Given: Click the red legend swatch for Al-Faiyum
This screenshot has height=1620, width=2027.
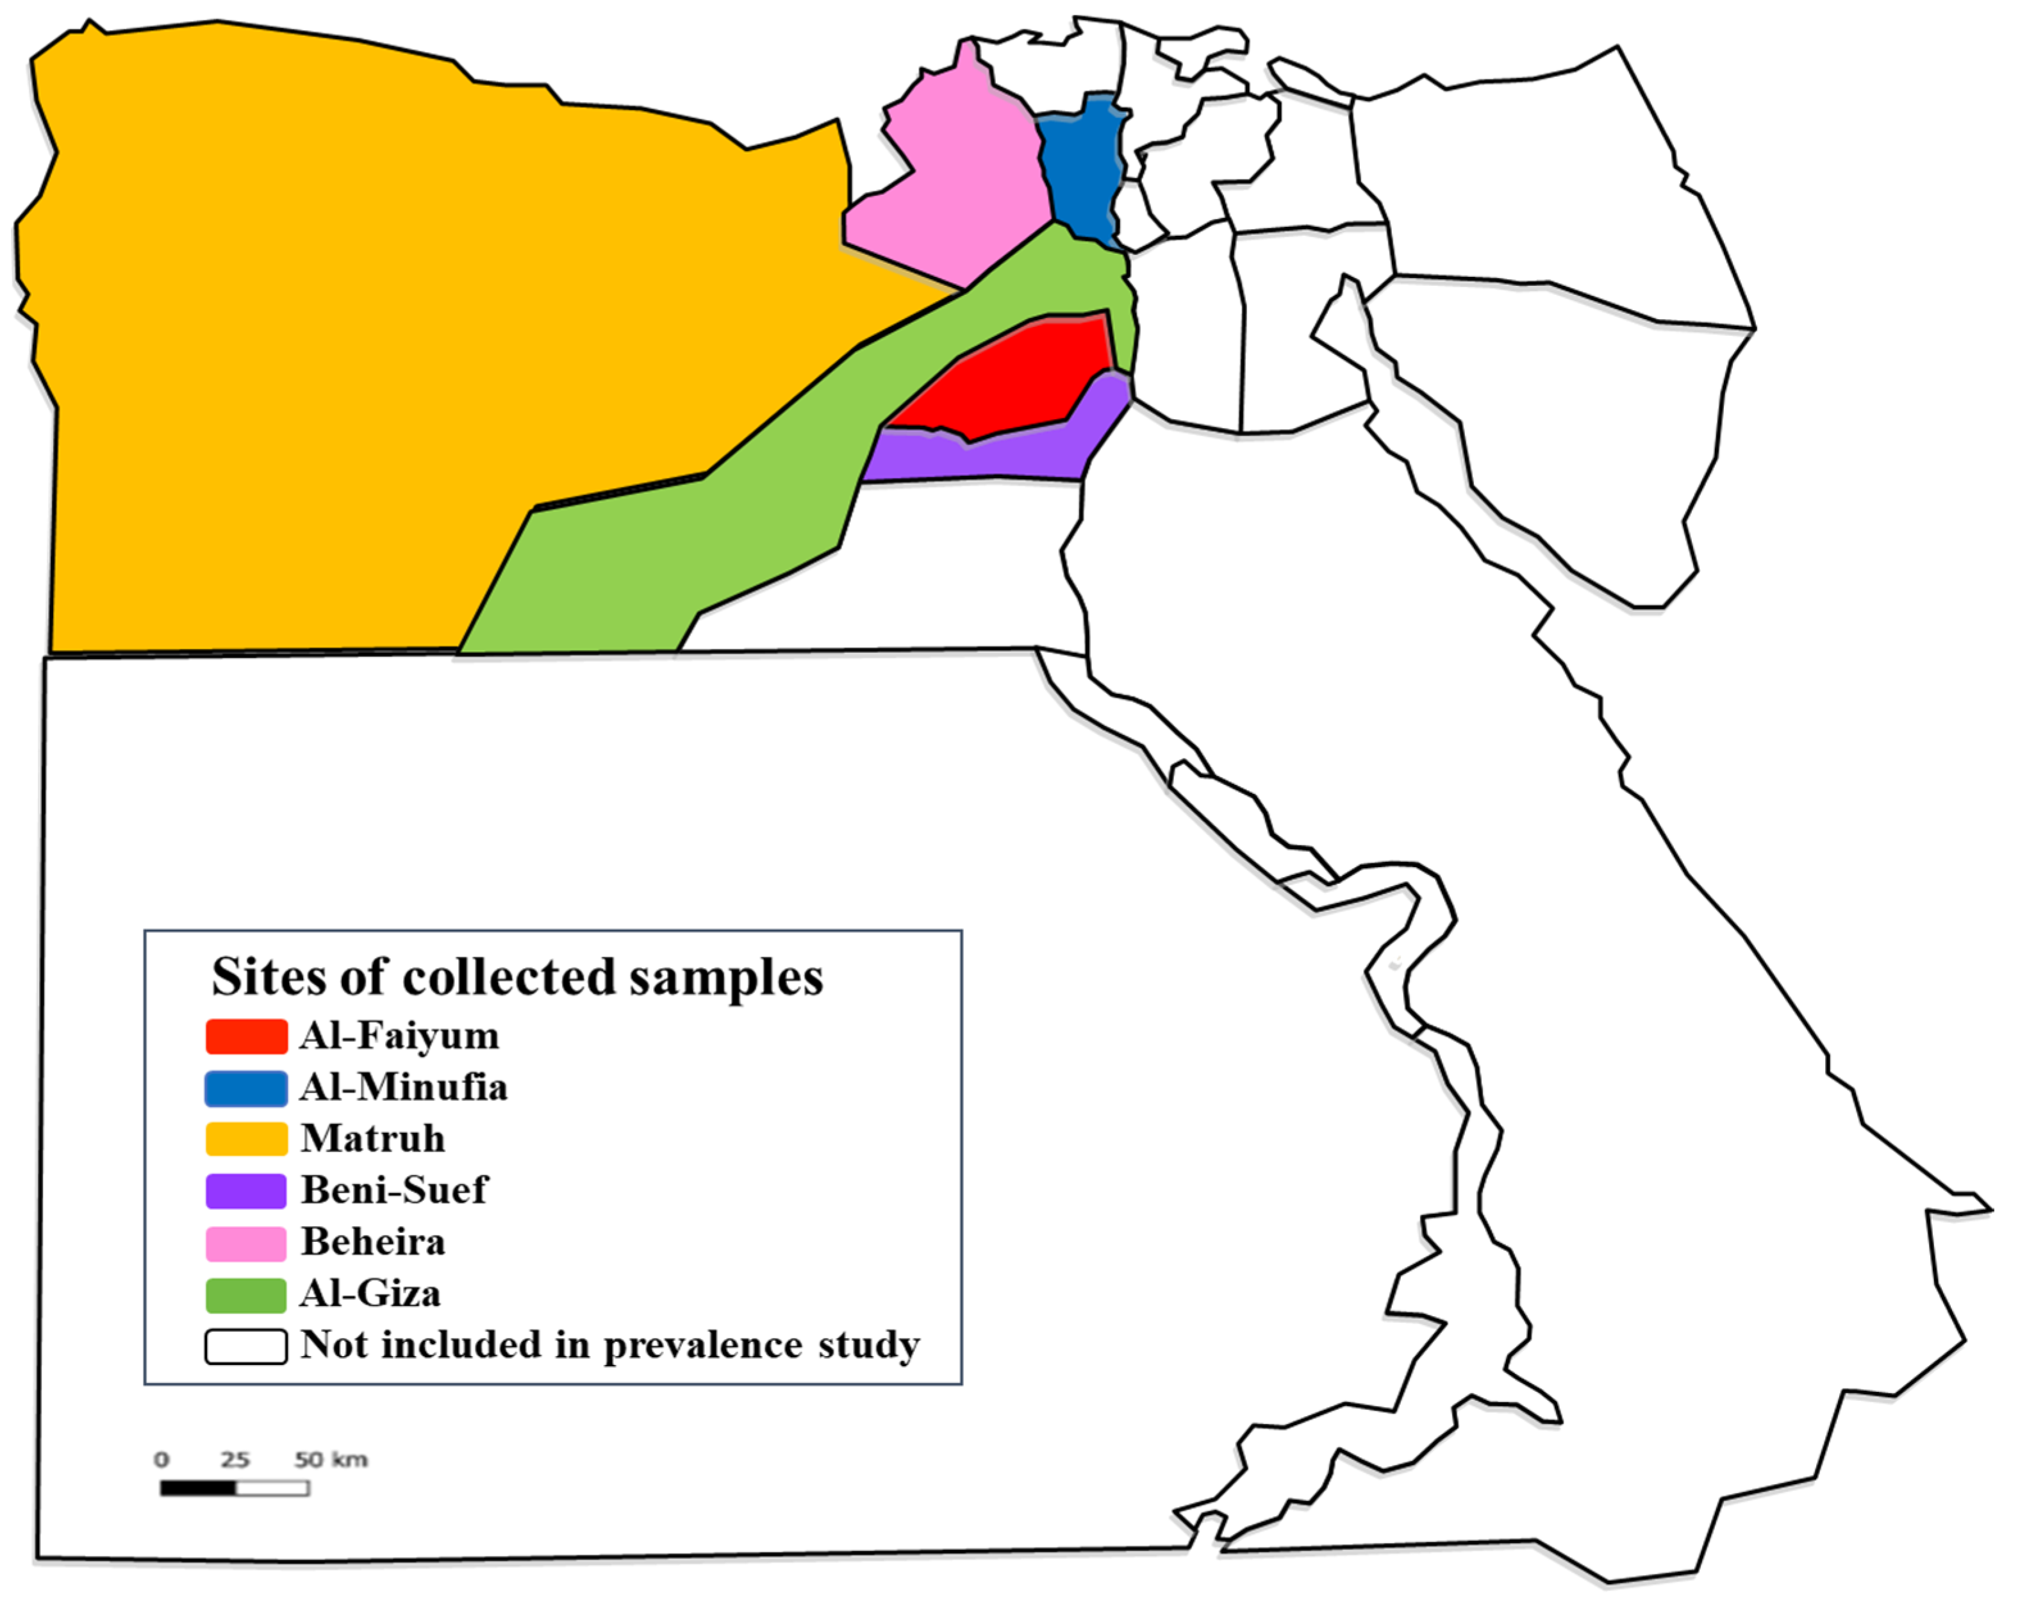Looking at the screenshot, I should (246, 1036).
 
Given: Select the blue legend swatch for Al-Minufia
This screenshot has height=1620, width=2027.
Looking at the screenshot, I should (246, 1088).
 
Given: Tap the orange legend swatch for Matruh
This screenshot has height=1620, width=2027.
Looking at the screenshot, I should (246, 1139).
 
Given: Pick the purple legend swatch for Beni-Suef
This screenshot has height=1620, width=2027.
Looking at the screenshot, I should (246, 1190).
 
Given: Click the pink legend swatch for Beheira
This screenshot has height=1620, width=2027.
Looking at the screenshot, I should (246, 1242).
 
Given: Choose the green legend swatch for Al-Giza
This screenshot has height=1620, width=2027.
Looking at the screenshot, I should (246, 1294).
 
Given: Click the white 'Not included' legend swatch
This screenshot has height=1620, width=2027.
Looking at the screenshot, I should (246, 1346).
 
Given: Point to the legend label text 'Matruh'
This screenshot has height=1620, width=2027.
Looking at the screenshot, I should (373, 1139).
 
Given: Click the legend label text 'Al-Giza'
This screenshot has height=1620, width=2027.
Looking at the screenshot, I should (370, 1294).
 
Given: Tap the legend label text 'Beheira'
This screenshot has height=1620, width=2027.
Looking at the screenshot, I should (373, 1242).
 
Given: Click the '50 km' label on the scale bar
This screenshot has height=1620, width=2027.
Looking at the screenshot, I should (331, 1459).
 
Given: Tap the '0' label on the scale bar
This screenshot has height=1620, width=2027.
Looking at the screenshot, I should (161, 1459).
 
